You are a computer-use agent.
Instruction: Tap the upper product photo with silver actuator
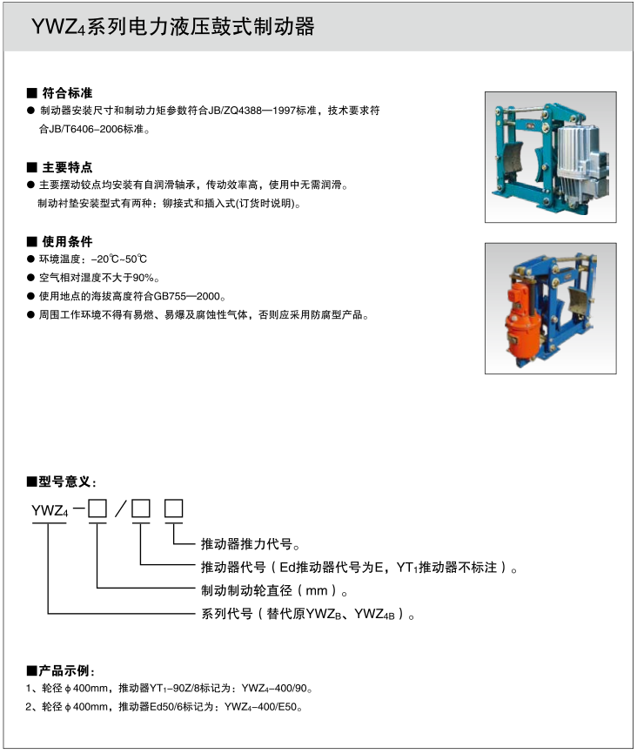point(550,157)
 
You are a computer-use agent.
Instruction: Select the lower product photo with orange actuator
point(550,308)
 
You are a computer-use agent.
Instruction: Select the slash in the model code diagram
point(119,510)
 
